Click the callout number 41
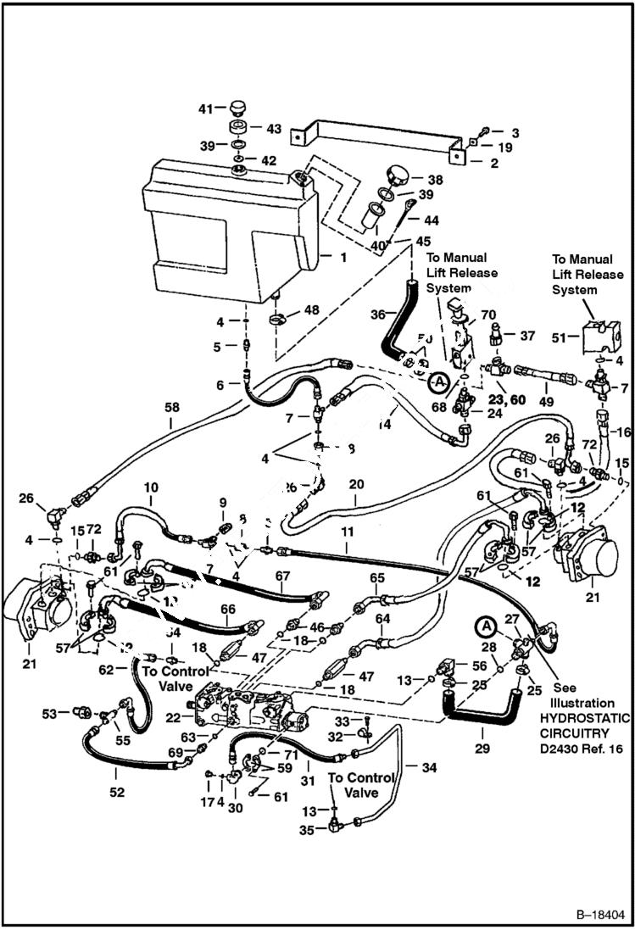click(x=204, y=109)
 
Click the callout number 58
click(x=172, y=408)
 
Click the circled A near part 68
click(x=437, y=384)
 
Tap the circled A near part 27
click(x=485, y=626)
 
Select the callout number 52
click(x=116, y=792)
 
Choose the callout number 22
click(x=175, y=717)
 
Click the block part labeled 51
click(x=597, y=337)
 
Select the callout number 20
click(x=355, y=483)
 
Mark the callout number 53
click(x=51, y=713)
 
